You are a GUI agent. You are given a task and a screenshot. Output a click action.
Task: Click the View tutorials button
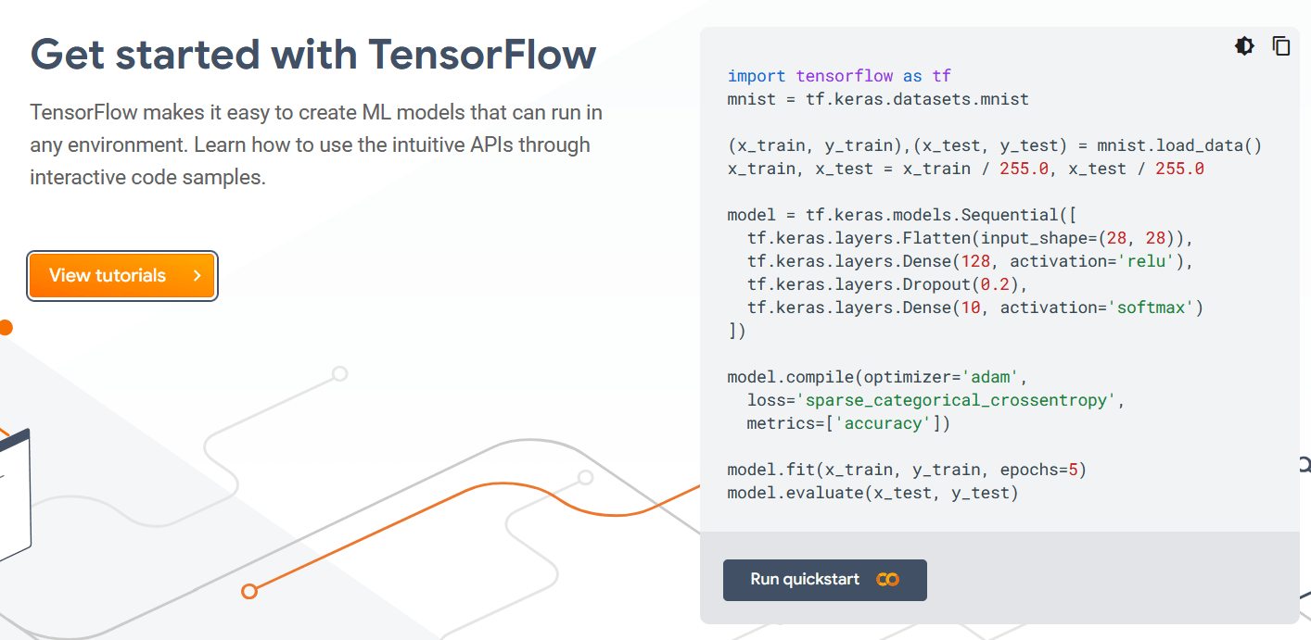[x=122, y=276]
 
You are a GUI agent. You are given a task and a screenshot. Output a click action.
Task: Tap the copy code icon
[x=1281, y=46]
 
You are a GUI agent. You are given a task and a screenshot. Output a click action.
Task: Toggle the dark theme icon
[x=1244, y=46]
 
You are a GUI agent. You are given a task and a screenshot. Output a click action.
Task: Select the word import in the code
[x=756, y=76]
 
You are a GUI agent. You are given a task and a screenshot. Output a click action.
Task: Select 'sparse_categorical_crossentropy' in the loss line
[x=960, y=400]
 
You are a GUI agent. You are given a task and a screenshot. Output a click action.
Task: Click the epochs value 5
[x=1072, y=470]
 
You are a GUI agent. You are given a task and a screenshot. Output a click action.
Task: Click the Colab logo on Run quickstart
[x=887, y=580]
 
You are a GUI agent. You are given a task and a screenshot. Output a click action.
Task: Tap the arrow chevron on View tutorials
[x=197, y=276]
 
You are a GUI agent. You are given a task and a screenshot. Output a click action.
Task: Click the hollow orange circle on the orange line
[x=248, y=591]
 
